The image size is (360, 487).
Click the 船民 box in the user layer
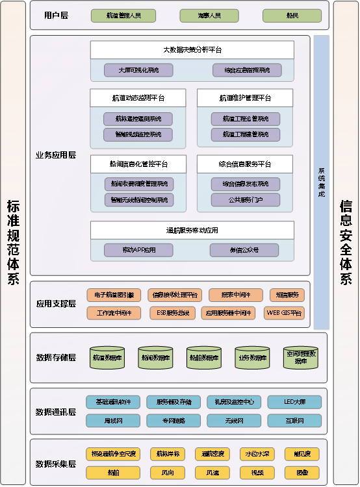pyautogui.click(x=292, y=15)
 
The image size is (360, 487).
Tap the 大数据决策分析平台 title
pyautogui.click(x=191, y=49)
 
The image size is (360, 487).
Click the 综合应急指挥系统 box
pyautogui.click(x=246, y=69)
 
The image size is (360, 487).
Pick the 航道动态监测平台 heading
pyautogui.click(x=138, y=98)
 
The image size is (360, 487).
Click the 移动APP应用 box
pyautogui.click(x=138, y=250)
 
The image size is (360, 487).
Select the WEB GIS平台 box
pyautogui.click(x=287, y=312)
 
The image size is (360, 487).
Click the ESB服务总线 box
pyautogui.click(x=174, y=312)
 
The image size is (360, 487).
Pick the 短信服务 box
pyautogui.click(x=287, y=295)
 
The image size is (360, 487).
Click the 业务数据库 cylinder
pyautogui.click(x=251, y=358)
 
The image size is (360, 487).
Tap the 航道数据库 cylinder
pyautogui.click(x=108, y=358)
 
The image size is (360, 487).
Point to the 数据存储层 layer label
pyautogui.click(x=56, y=358)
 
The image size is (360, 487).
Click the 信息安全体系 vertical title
pyautogui.click(x=346, y=242)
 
